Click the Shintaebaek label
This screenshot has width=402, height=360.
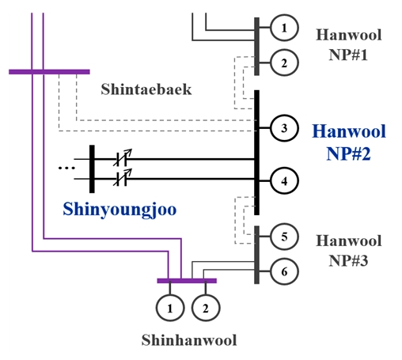(x=146, y=89)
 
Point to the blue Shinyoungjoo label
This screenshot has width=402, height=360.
(x=119, y=210)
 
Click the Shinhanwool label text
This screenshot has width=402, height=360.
(x=189, y=339)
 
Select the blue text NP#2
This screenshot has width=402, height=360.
(x=348, y=153)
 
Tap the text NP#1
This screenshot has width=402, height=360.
(x=348, y=55)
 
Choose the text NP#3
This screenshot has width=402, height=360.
(x=348, y=261)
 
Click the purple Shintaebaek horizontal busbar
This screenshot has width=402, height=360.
(x=49, y=72)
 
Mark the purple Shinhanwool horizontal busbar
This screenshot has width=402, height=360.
(x=187, y=281)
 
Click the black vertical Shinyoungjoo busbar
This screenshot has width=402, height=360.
(x=92, y=169)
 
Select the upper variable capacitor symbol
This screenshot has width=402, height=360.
(x=123, y=157)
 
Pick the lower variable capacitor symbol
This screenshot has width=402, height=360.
(x=123, y=177)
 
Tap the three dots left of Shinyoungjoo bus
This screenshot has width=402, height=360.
(x=66, y=168)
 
